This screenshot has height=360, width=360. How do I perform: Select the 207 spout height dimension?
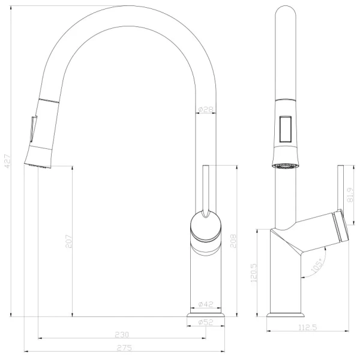click(x=68, y=241)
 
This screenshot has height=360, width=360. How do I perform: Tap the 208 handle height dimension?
click(x=233, y=241)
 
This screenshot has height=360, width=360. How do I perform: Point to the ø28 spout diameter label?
click(x=206, y=110)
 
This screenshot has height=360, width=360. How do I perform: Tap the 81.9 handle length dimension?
click(x=350, y=195)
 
